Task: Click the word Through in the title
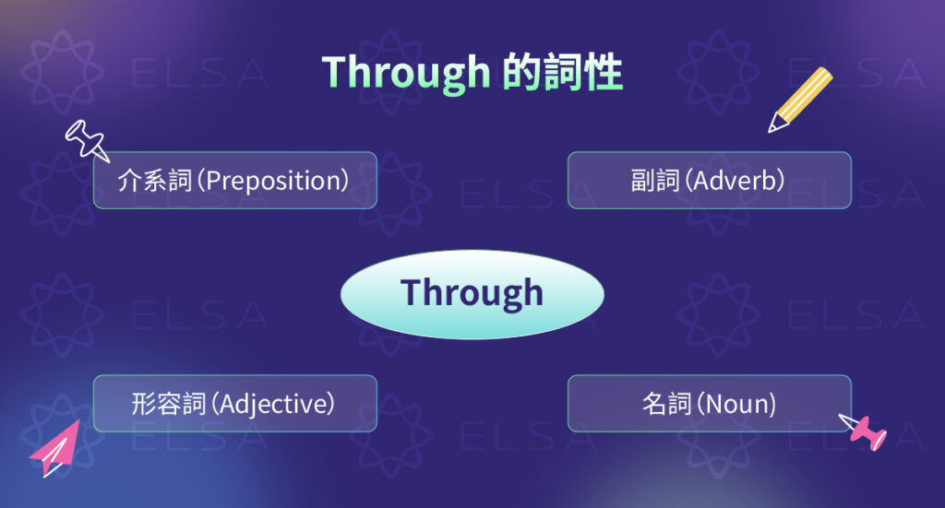coord(406,72)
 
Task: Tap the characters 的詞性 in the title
coord(563,72)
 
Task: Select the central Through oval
coord(472,294)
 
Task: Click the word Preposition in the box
coord(274,181)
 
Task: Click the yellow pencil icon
coord(800,100)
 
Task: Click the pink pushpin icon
coord(866,432)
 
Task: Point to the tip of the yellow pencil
coord(772,130)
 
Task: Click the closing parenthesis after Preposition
coord(347,181)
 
